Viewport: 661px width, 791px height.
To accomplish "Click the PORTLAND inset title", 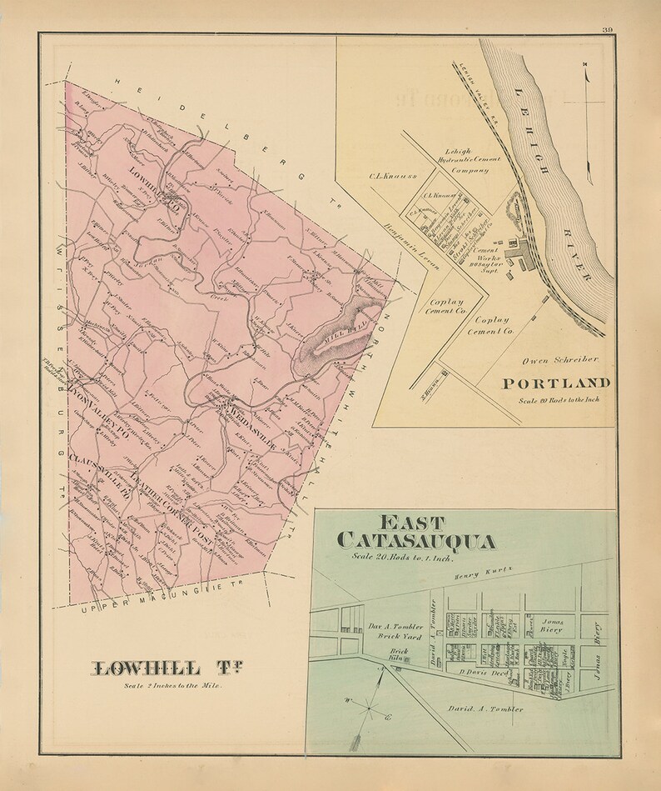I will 557,383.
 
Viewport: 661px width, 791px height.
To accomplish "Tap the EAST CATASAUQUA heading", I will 417,533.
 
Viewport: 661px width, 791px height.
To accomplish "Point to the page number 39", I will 608,31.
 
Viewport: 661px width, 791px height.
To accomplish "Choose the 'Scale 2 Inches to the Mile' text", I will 171,686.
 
